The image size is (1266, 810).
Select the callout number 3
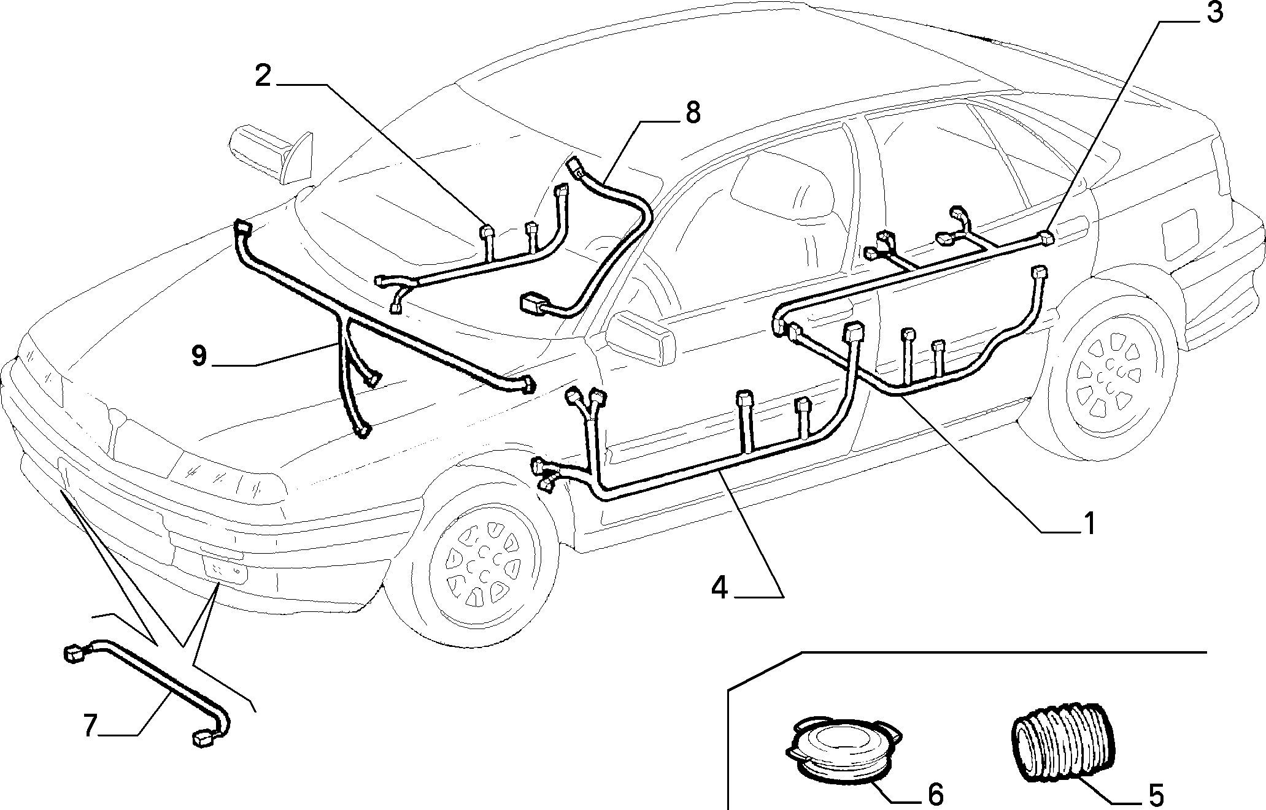[x=1215, y=13]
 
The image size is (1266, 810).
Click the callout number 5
[x=1156, y=795]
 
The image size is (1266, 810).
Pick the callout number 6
[x=935, y=795]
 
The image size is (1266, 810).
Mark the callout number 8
[x=692, y=113]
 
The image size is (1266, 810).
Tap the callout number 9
[x=199, y=357]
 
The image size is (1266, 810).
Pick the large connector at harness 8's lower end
[x=534, y=305]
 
